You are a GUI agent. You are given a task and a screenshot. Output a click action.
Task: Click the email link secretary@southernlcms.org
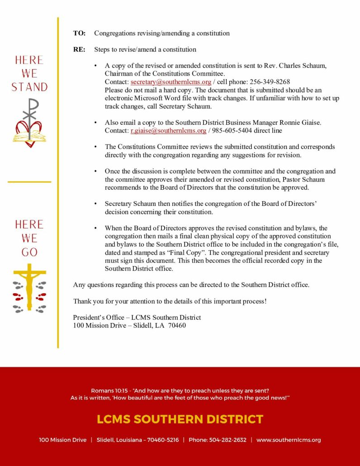click(171, 82)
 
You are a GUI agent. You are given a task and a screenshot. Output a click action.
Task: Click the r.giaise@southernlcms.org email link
click(168, 131)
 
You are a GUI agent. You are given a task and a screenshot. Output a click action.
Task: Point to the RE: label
click(79, 49)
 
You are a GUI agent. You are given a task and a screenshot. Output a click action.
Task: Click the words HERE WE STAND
click(29, 73)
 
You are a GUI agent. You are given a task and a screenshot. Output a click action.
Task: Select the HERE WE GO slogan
click(29, 238)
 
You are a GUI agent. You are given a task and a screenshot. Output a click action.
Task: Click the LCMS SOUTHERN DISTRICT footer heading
click(180, 419)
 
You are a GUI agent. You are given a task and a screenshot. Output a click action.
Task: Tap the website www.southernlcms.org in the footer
click(289, 440)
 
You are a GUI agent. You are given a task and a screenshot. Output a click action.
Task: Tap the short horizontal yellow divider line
click(29, 182)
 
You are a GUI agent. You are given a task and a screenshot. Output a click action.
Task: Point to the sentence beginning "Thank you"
click(170, 301)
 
